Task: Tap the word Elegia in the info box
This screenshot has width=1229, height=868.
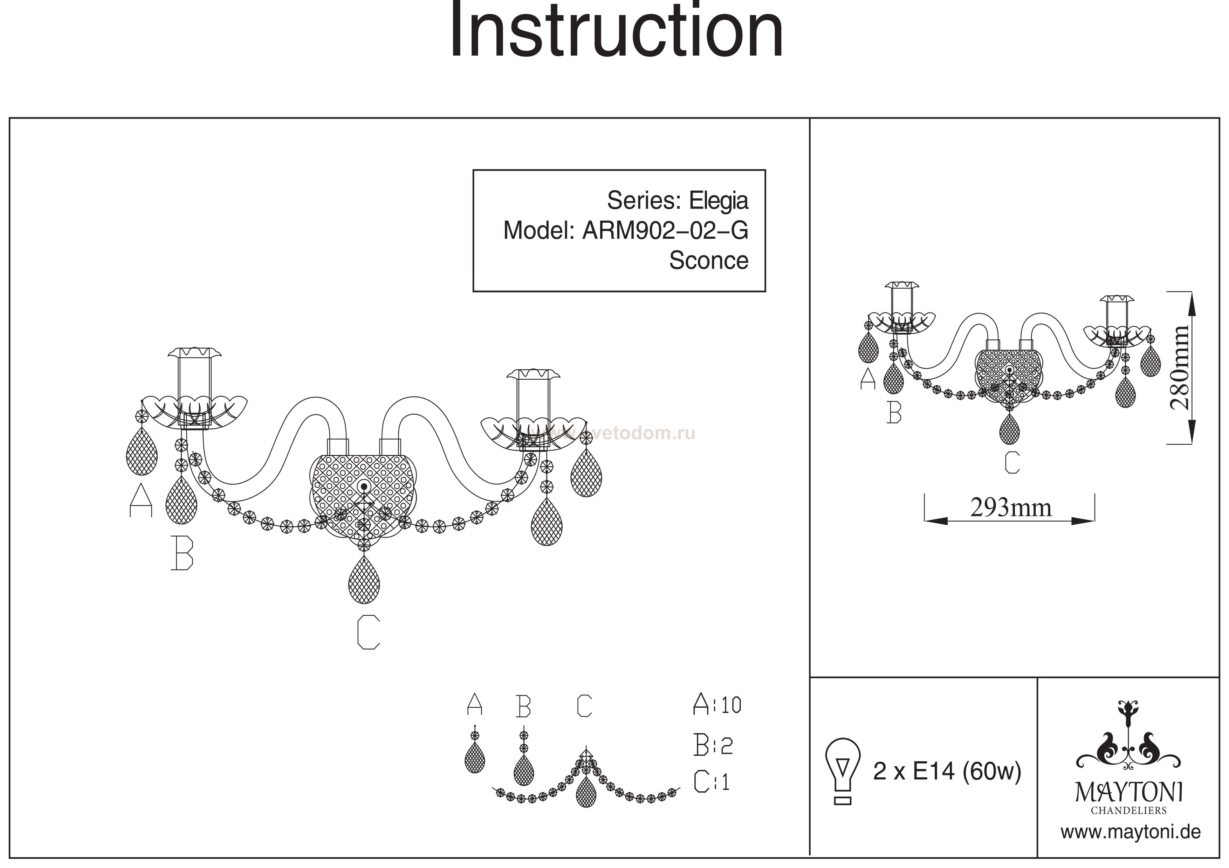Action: (718, 201)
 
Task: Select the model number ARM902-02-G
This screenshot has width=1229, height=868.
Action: (665, 231)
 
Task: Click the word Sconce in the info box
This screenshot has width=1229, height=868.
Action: (708, 261)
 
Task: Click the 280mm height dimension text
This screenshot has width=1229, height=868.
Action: (1179, 367)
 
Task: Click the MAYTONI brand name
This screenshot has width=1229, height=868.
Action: (1129, 793)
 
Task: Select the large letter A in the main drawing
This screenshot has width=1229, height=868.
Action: (141, 500)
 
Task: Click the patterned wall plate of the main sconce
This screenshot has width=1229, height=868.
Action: (364, 492)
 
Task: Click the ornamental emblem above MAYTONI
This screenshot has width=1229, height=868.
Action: (1128, 741)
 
